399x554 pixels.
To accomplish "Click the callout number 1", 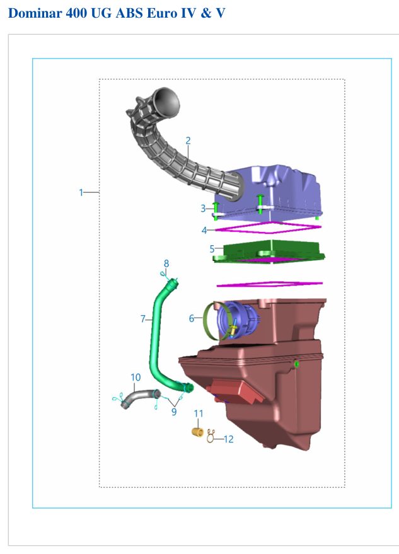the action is pyautogui.click(x=81, y=193).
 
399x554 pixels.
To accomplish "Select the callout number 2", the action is pyautogui.click(x=188, y=141).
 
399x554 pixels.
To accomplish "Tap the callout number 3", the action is pyautogui.click(x=203, y=209).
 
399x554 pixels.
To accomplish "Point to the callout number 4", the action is pyautogui.click(x=204, y=231).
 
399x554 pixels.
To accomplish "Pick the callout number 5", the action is pyautogui.click(x=212, y=249).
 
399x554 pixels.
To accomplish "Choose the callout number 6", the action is pyautogui.click(x=192, y=318).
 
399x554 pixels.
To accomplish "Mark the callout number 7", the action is pyautogui.click(x=143, y=319).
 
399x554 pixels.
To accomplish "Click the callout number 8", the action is pyautogui.click(x=166, y=263).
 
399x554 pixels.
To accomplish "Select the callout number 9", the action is pyautogui.click(x=174, y=412).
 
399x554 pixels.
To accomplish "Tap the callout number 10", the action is pyautogui.click(x=136, y=378).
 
